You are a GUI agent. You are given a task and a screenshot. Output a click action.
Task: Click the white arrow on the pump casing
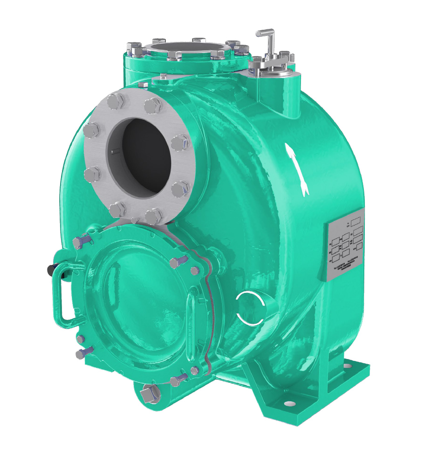tap(296, 170)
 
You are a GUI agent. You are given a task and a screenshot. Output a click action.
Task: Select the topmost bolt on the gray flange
tap(115, 101)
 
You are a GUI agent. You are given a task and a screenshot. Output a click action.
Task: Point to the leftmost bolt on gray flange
tap(90, 130)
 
